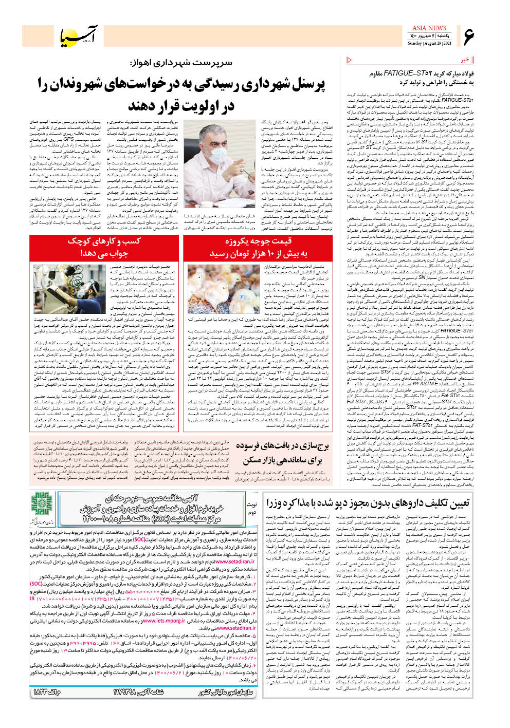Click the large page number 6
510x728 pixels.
pos(468,36)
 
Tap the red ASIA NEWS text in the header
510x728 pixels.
pos(429,28)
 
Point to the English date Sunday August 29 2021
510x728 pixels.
pos(429,44)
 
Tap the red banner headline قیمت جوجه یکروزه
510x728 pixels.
pos(258,241)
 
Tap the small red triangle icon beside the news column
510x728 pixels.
pos(350,60)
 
